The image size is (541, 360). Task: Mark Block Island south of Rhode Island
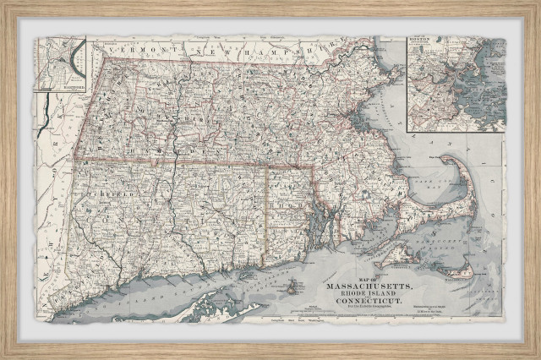[292, 287]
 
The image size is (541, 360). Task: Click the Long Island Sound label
[169, 292]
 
